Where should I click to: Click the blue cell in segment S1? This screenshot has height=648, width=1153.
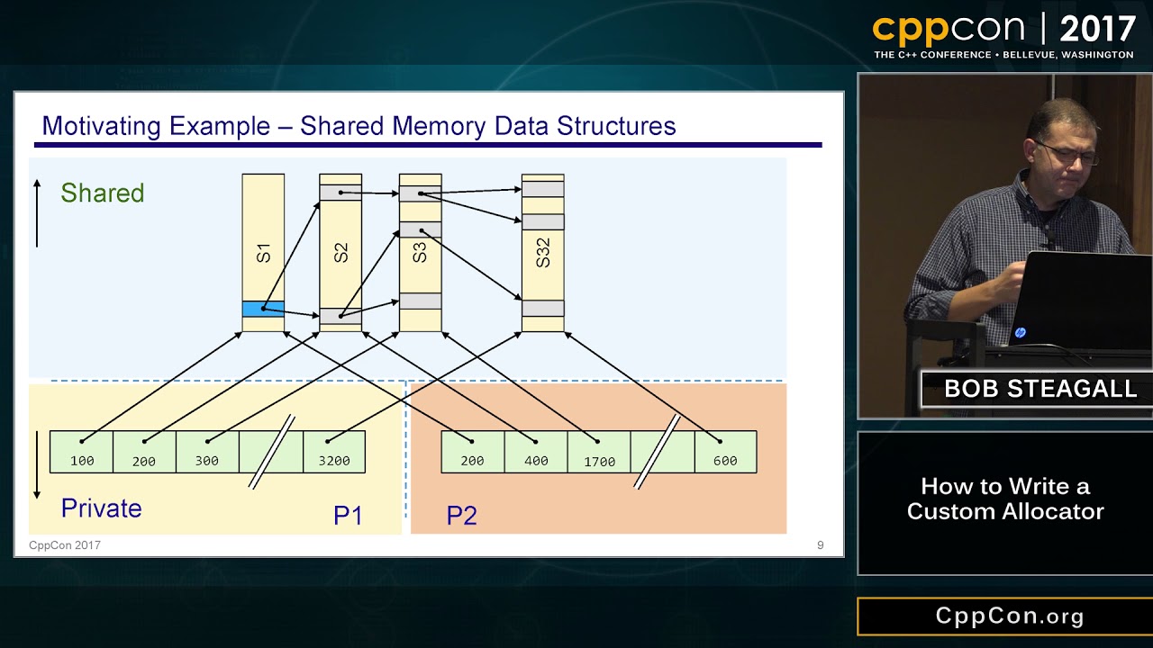(263, 309)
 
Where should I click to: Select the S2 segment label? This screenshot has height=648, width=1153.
(340, 252)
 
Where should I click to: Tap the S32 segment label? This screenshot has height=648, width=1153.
(542, 252)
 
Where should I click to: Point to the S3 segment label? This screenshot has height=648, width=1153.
(420, 252)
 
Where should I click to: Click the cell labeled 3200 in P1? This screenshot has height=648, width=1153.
(334, 452)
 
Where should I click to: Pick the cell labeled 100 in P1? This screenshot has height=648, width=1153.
(81, 452)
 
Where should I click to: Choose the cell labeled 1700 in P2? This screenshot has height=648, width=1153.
(599, 452)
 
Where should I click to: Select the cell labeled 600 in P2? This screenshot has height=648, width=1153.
(725, 452)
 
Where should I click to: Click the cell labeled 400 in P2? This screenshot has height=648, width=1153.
(536, 452)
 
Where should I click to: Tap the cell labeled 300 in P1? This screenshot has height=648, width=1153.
(207, 452)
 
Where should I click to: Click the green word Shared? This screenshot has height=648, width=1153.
(102, 193)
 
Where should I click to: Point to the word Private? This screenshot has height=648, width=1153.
(101, 508)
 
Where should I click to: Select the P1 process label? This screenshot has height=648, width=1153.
(348, 516)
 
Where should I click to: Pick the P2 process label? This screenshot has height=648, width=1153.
(461, 516)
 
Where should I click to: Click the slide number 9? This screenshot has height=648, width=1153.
(820, 544)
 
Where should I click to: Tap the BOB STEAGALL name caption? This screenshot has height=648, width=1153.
(1040, 390)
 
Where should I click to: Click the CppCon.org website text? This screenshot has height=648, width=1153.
(1009, 616)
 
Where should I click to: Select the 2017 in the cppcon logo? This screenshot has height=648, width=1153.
(1097, 30)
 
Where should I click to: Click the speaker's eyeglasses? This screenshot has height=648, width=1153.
(1067, 154)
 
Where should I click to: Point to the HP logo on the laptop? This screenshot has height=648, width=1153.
(1020, 333)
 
